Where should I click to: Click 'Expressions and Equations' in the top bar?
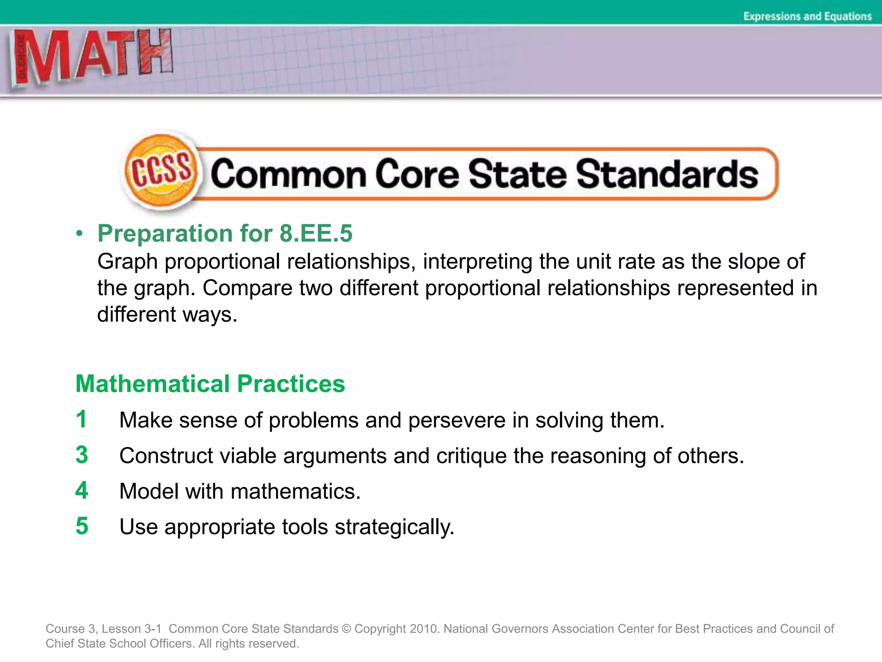click(x=807, y=16)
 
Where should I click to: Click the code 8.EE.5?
click(x=316, y=234)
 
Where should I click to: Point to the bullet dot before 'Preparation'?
click(x=79, y=234)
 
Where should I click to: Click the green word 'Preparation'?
click(x=165, y=234)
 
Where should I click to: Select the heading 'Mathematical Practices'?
click(x=210, y=384)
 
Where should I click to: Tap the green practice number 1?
click(x=81, y=419)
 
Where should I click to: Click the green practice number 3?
click(x=81, y=455)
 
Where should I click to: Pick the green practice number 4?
click(x=81, y=490)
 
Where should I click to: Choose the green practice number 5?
click(x=81, y=526)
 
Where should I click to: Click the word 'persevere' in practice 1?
click(x=457, y=420)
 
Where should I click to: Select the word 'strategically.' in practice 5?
click(x=394, y=527)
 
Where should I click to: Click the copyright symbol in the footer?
click(x=346, y=629)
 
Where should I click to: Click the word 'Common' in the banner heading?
click(x=289, y=174)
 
